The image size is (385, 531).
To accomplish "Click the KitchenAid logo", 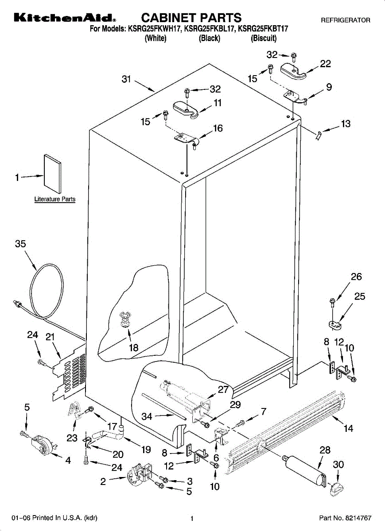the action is tap(65, 18).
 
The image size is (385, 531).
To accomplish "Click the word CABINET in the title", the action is tap(169, 18).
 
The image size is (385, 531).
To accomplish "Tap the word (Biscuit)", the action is tap(264, 38).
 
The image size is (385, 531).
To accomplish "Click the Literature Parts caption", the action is tap(55, 199).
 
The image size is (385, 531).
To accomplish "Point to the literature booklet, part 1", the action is tap(52, 174).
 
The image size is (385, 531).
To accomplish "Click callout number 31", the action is tap(126, 79).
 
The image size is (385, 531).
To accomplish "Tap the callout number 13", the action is tap(346, 123).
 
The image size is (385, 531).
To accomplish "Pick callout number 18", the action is tap(134, 348).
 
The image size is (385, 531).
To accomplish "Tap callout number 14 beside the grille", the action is tap(348, 428).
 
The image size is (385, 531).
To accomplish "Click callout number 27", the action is tap(223, 389).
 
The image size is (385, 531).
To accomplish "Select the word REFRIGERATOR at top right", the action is tap(346, 20).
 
